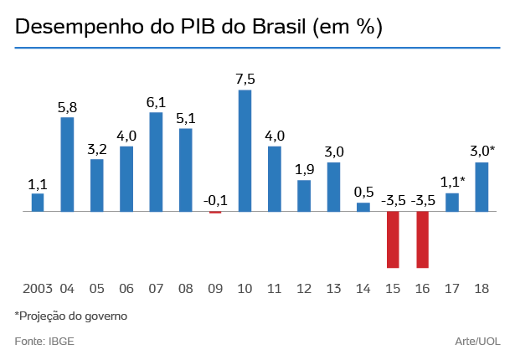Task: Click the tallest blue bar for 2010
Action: [245, 151]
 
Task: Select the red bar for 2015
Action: [393, 239]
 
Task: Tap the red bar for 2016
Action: [423, 239]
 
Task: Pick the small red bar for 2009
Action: [215, 213]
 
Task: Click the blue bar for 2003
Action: [38, 203]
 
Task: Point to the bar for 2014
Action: [363, 207]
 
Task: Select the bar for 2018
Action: [482, 187]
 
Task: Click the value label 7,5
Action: [245, 80]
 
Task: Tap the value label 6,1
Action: [156, 103]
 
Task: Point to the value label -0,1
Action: [215, 200]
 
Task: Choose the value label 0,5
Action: [363, 193]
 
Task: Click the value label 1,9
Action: [304, 170]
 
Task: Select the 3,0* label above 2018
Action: [482, 152]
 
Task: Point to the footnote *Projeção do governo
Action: [71, 316]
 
